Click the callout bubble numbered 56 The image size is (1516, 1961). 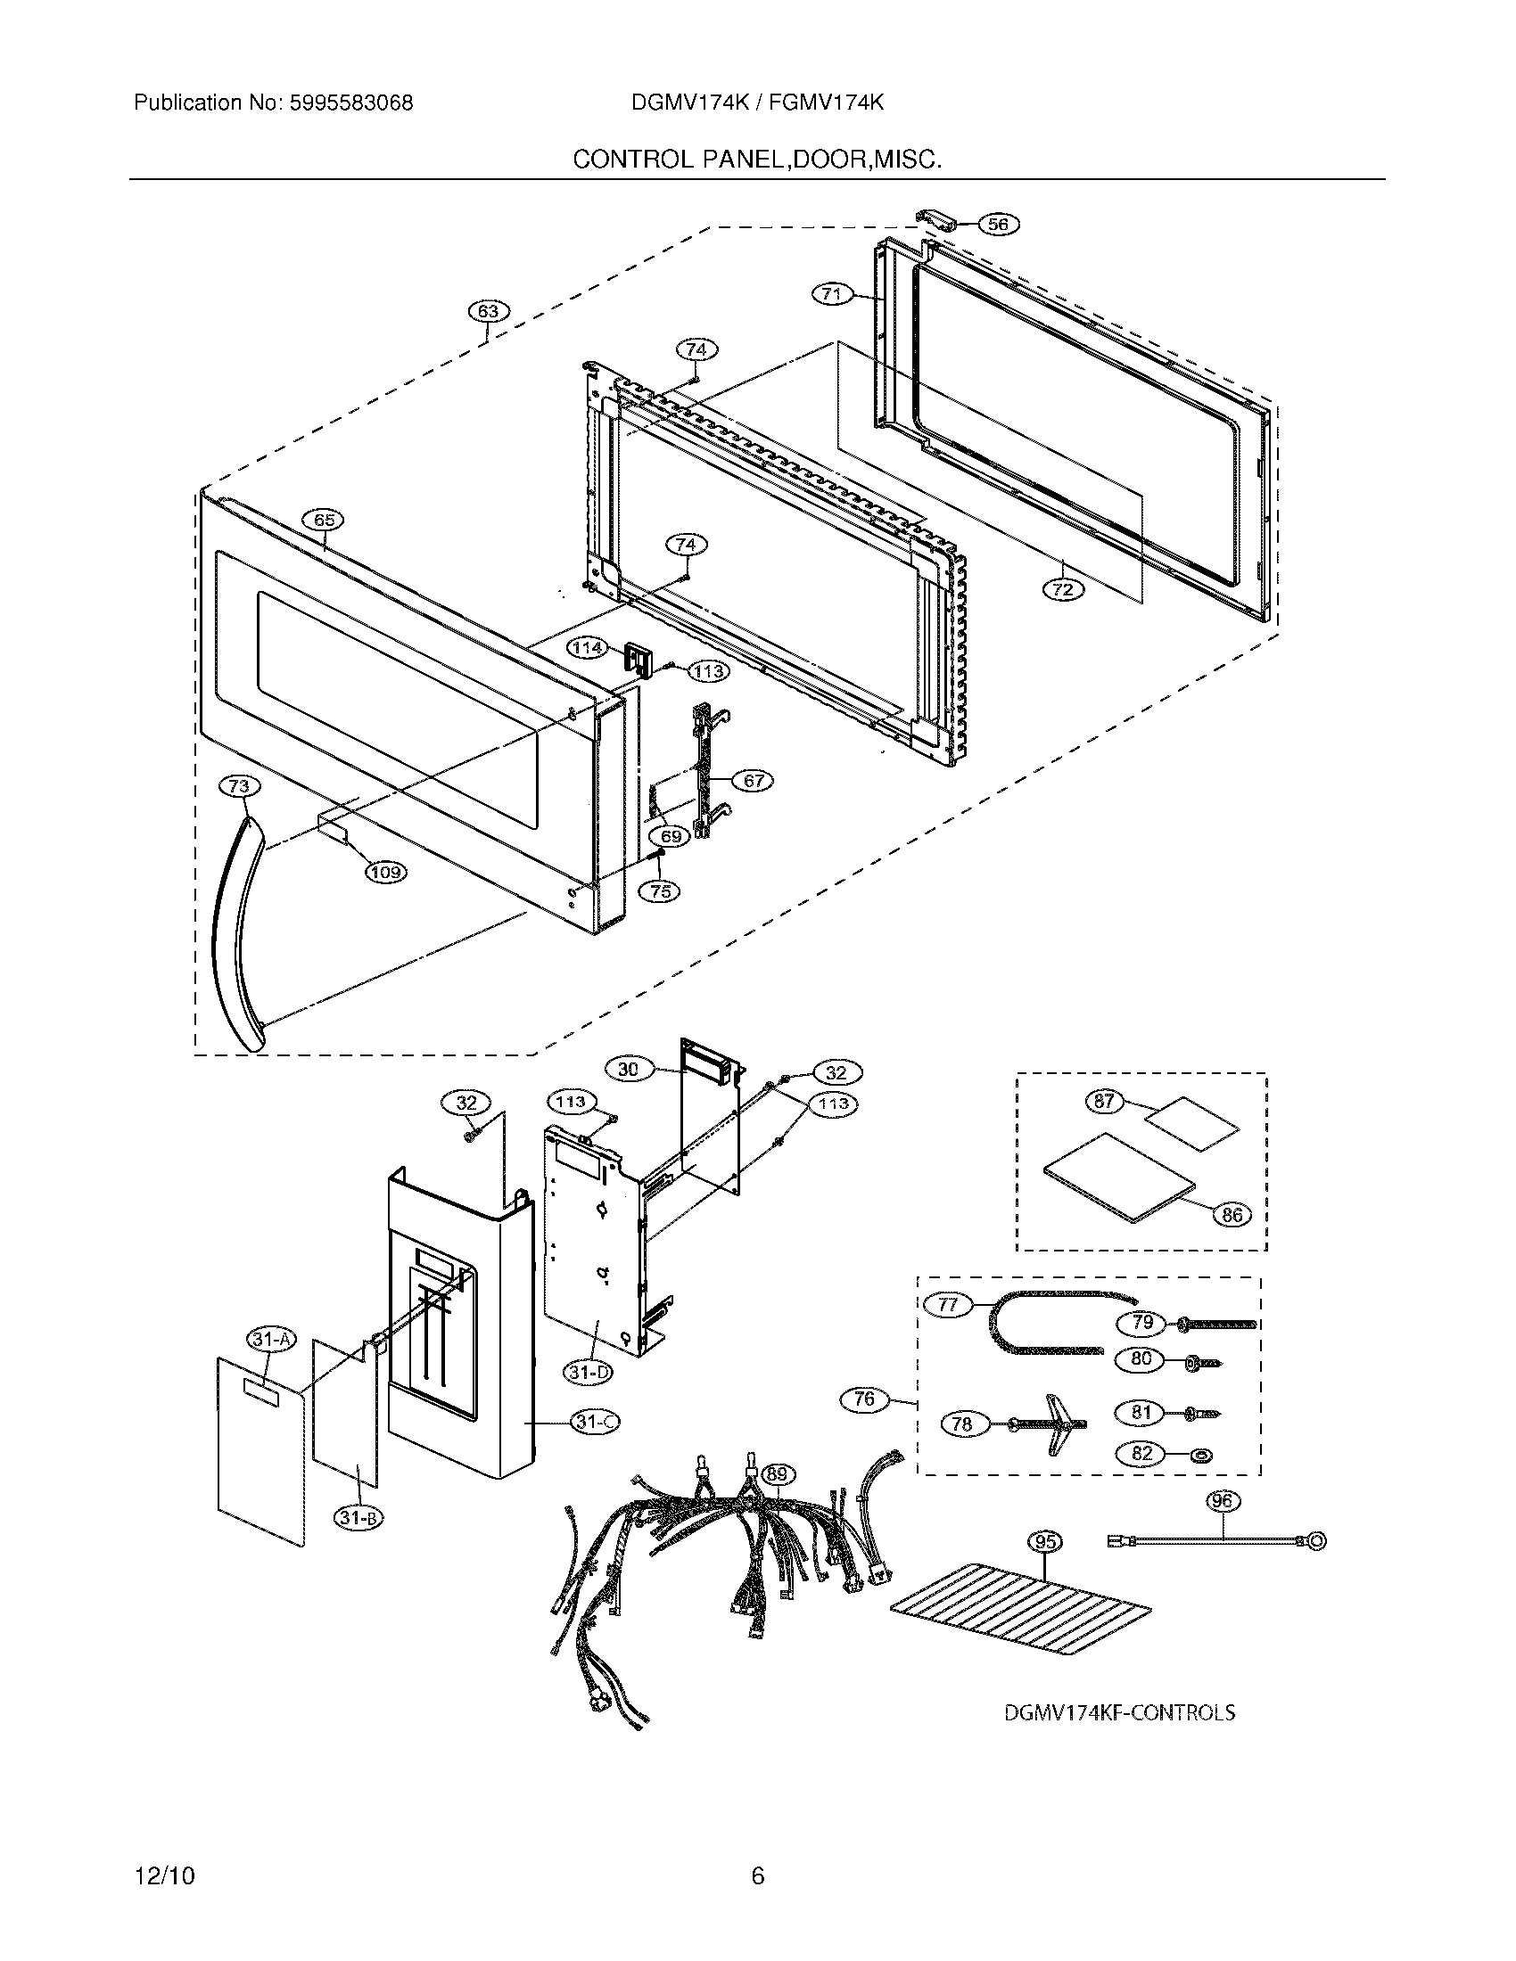[x=998, y=225]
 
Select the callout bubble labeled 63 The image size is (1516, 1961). [x=488, y=312]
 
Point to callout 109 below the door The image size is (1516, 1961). [x=385, y=871]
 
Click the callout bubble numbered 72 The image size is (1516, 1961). [x=1063, y=590]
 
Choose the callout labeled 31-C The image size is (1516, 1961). [x=595, y=1423]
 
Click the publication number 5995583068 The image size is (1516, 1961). [x=350, y=103]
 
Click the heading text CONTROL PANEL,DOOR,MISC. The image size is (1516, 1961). [x=757, y=160]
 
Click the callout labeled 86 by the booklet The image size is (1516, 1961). [x=1232, y=1215]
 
